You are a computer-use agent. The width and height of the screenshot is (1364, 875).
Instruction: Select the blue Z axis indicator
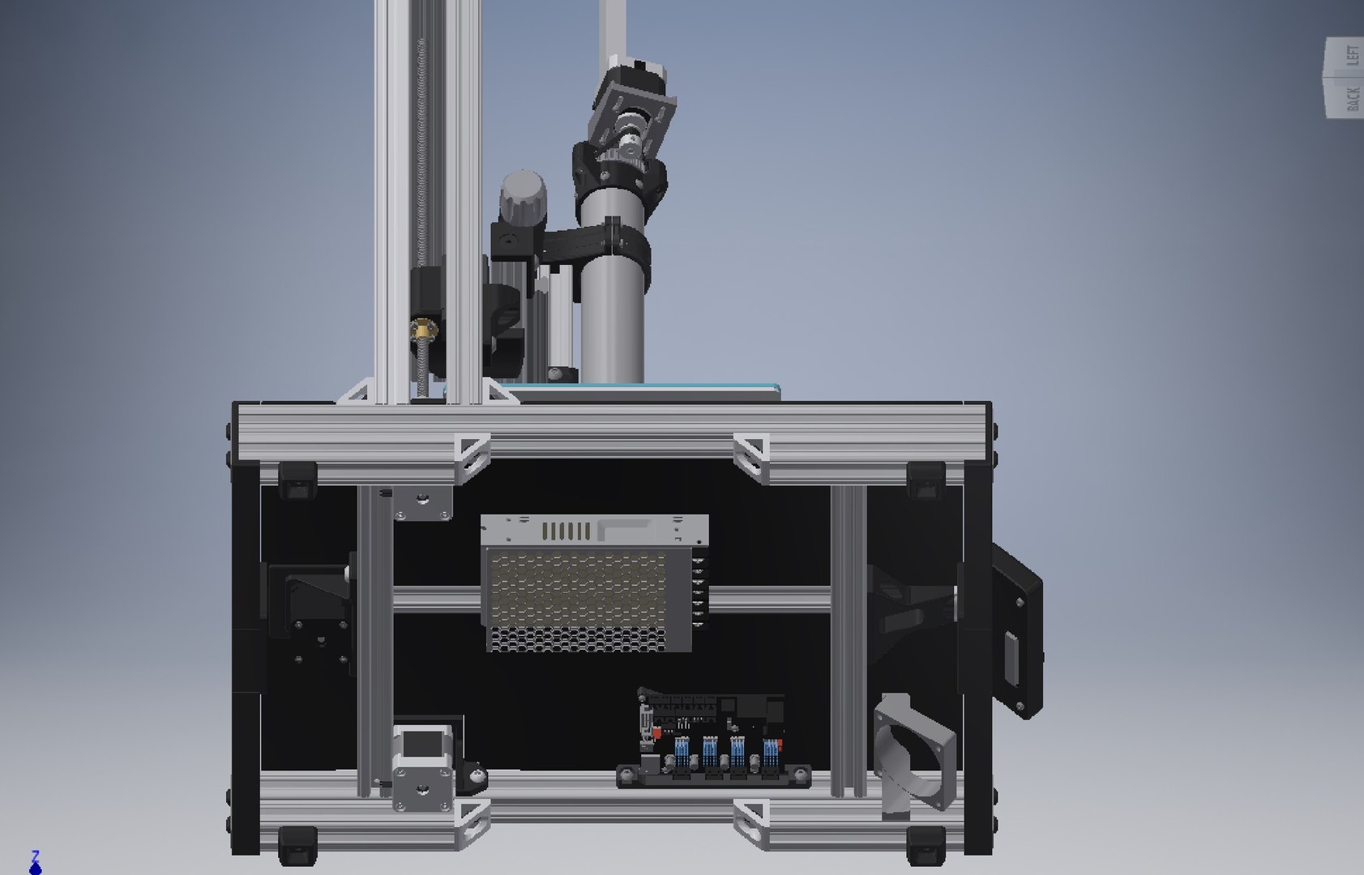35,864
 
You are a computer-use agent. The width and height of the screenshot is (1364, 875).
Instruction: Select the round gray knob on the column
522,193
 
